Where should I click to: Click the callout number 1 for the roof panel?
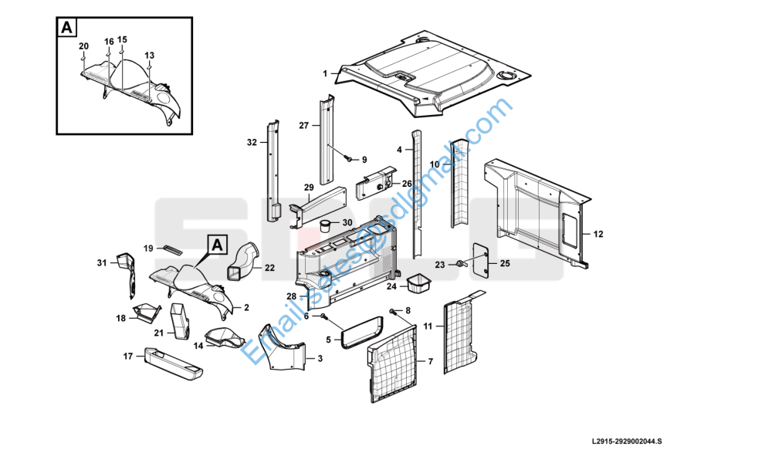[326, 74]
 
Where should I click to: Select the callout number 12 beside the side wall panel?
[598, 232]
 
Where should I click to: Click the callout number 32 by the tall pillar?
[252, 143]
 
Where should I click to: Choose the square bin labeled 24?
[418, 283]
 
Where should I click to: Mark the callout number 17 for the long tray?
[129, 356]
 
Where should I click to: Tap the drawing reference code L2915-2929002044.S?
[627, 441]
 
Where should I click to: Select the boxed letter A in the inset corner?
[68, 28]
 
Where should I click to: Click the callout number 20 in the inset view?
[83, 46]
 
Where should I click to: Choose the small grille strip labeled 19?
[172, 250]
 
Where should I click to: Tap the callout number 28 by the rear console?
[292, 296]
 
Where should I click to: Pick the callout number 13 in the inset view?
[149, 56]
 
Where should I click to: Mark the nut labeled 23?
[459, 264]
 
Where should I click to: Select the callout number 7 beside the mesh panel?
[431, 361]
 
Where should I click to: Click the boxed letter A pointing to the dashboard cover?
[218, 245]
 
